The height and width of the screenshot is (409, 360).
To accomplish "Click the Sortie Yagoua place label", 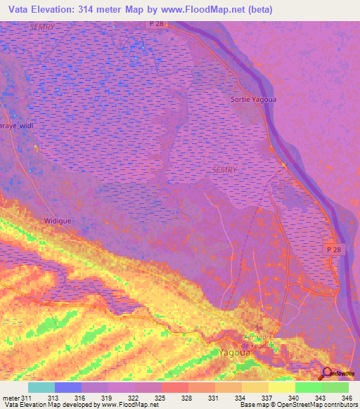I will (252, 99).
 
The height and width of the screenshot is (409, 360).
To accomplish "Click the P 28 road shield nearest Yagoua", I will (333, 250).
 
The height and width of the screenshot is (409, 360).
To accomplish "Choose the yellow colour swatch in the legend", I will (281, 387).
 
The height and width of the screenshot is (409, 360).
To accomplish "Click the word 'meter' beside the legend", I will (11, 397).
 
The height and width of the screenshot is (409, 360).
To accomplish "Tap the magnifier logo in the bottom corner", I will (328, 373).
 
